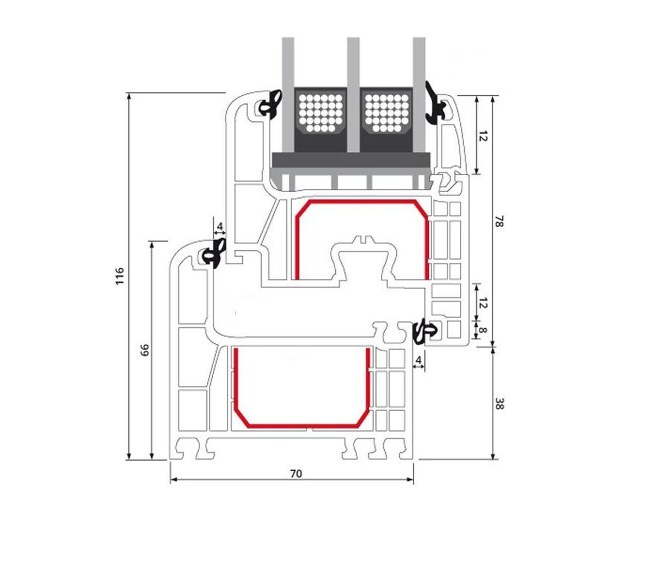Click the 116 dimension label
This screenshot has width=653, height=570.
119,276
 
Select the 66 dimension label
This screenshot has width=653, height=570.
145,350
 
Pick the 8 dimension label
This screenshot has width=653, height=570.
483,331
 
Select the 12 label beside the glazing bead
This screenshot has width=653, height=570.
483,136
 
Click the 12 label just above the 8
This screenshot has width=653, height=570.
483,303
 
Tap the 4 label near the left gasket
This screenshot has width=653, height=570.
220,226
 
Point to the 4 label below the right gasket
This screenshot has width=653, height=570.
418,360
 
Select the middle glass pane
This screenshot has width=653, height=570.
353,95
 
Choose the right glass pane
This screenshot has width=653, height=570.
419,113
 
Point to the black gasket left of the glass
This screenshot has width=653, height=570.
270,104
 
